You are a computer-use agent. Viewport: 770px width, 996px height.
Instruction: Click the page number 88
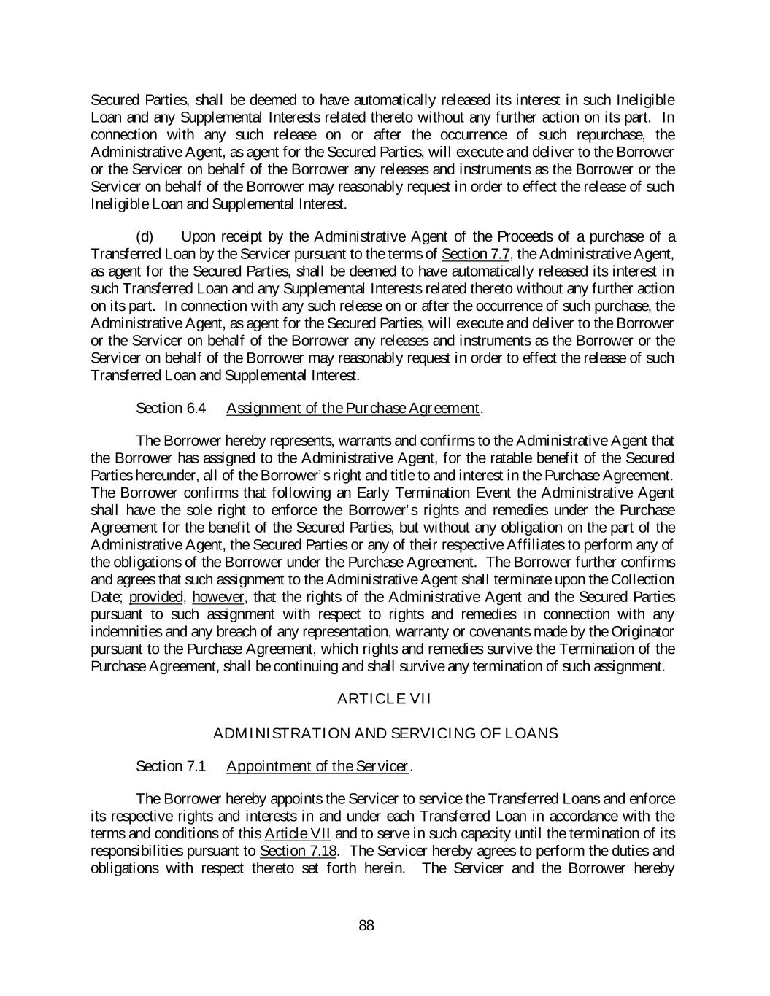click(366, 926)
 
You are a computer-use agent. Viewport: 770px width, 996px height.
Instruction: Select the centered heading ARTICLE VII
click(384, 699)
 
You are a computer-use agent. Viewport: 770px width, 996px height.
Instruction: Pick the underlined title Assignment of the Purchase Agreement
click(353, 408)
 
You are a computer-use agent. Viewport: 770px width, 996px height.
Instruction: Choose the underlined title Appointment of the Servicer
click(317, 766)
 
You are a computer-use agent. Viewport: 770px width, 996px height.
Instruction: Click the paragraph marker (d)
click(145, 236)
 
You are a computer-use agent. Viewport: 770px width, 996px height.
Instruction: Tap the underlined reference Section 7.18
click(298, 852)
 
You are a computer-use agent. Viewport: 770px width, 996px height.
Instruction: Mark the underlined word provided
click(156, 598)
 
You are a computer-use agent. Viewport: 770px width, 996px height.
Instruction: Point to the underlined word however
click(217, 598)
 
